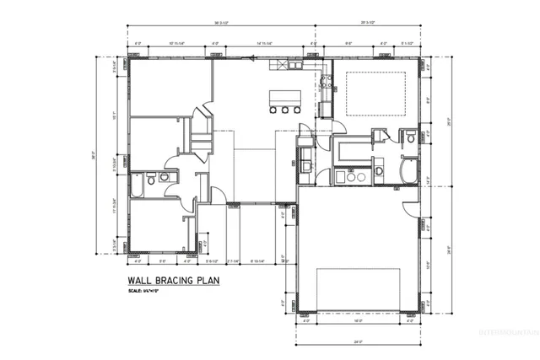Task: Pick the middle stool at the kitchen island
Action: tap(285, 110)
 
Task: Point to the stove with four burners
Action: tap(324, 83)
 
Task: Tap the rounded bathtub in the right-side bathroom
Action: tap(407, 174)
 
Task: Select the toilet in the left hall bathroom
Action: tap(151, 178)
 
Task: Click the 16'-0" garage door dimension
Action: tap(358, 321)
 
